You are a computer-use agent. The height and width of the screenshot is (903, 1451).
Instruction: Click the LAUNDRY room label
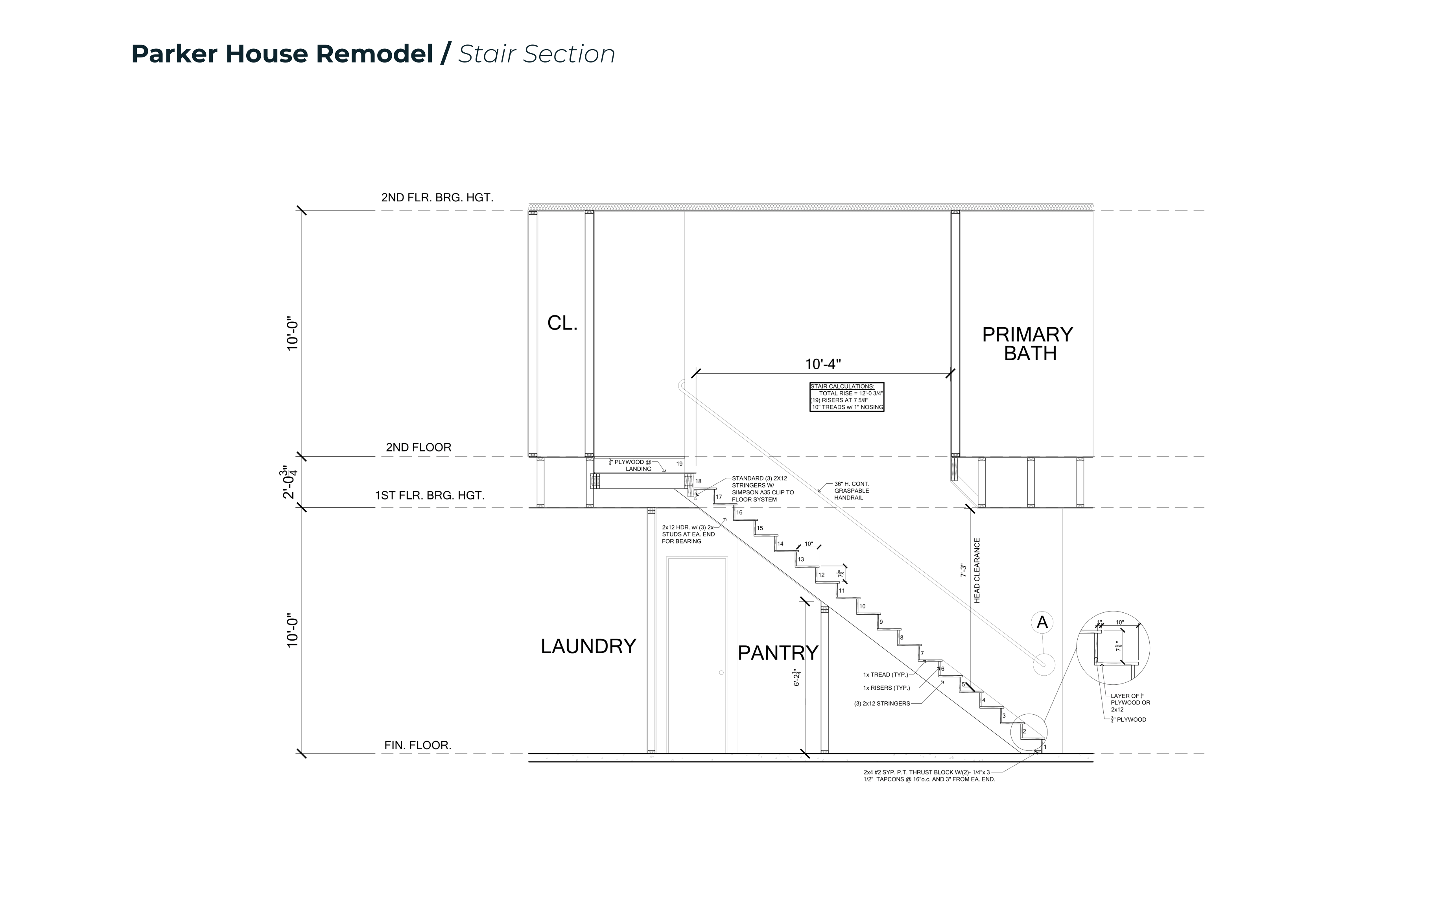coord(588,646)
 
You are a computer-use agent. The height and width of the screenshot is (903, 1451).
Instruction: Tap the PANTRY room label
coord(778,653)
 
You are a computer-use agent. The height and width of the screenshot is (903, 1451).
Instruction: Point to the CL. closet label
coord(562,323)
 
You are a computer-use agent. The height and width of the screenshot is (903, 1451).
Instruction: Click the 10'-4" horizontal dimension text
coord(823,364)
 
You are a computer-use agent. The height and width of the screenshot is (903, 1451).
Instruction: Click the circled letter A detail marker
coord(1042,622)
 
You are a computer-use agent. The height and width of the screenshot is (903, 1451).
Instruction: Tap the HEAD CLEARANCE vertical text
coord(977,570)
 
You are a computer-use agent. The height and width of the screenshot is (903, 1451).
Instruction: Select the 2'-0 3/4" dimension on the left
coord(289,481)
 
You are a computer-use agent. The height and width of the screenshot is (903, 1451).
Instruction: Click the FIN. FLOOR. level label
coord(417,745)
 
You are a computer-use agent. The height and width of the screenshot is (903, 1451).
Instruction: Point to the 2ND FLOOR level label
coord(418,447)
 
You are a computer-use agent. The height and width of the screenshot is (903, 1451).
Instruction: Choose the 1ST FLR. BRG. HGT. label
coord(430,495)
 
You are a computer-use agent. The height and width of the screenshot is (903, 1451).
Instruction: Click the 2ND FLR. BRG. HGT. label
coord(437,198)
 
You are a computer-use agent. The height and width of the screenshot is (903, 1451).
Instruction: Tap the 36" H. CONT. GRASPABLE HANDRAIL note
coord(852,491)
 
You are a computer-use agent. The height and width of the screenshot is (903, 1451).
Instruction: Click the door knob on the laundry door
coord(721,673)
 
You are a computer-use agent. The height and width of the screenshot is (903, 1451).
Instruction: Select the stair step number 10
coord(862,606)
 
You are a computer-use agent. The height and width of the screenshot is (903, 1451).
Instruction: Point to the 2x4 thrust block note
coord(929,776)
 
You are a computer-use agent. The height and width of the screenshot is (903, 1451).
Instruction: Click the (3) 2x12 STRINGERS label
coord(882,704)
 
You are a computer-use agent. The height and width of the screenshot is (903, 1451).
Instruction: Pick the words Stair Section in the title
coord(536,54)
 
